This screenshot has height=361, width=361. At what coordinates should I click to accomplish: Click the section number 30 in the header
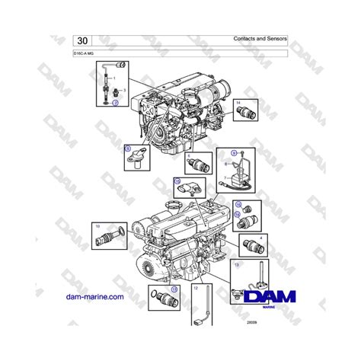click(82, 40)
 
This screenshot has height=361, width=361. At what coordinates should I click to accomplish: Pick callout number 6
click(189, 155)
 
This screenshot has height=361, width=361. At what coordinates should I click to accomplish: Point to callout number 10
click(97, 227)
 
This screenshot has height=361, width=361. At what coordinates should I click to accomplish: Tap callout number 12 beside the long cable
click(196, 288)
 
